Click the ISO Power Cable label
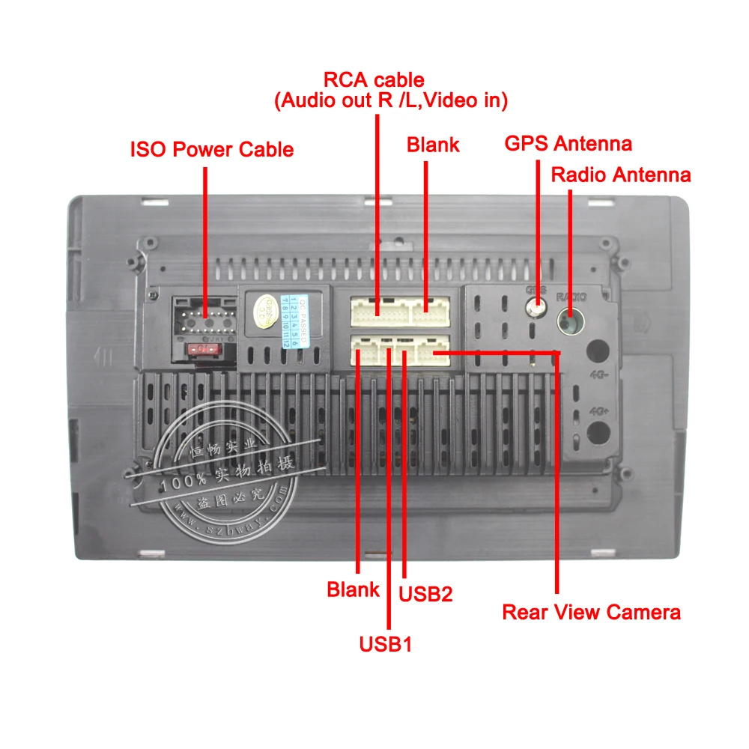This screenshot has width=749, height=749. [211, 149]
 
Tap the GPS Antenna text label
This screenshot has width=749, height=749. [568, 143]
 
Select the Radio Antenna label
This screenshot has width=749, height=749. [620, 175]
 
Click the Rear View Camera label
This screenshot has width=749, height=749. [591, 612]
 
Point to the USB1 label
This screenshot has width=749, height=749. [386, 643]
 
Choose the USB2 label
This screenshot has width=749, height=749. [425, 594]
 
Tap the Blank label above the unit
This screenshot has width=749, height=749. [432, 144]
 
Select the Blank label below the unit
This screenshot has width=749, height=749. [353, 589]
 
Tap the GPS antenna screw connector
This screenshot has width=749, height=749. [536, 307]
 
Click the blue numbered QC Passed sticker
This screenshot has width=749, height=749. [294, 320]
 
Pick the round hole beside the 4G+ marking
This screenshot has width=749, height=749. [598, 431]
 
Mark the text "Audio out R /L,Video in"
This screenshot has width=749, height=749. [390, 100]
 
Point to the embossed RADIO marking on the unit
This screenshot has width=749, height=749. [571, 297]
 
